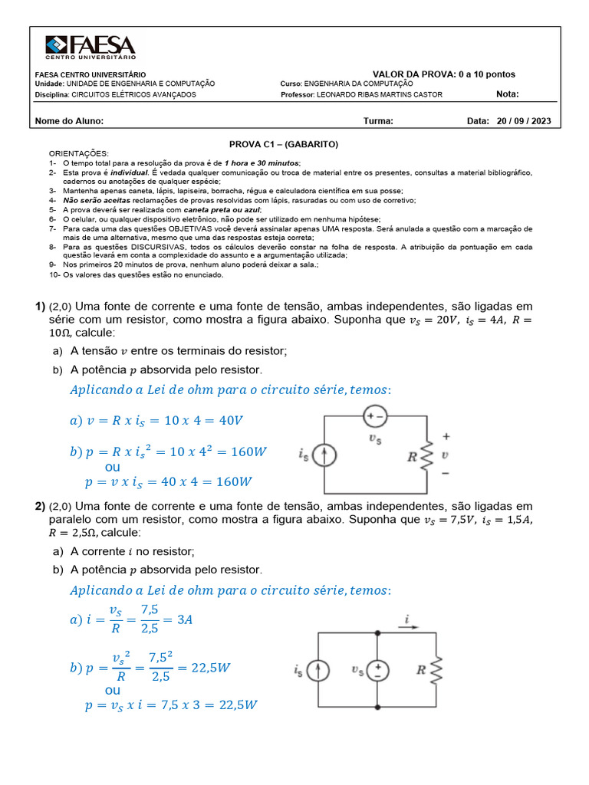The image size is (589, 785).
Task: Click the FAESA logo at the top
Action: pos(90,48)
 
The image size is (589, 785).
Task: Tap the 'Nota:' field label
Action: pos(508,94)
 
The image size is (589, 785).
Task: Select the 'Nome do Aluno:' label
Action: pos(70,121)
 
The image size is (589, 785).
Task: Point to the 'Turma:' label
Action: pos(378,121)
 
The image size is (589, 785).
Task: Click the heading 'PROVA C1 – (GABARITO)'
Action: pos(284,144)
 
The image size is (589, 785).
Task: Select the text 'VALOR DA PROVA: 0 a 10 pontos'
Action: pos(443,74)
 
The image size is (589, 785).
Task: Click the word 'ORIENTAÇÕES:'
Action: pos(79,153)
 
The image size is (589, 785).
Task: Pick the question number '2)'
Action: pos(40,507)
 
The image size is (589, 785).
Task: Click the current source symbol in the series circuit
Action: pos(325,456)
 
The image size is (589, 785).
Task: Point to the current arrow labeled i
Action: pos(408,626)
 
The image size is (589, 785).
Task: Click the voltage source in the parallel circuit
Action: pos(377,670)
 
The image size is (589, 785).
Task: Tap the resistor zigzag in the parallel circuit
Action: pos(436,670)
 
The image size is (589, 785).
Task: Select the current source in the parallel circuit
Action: pos(319,670)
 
